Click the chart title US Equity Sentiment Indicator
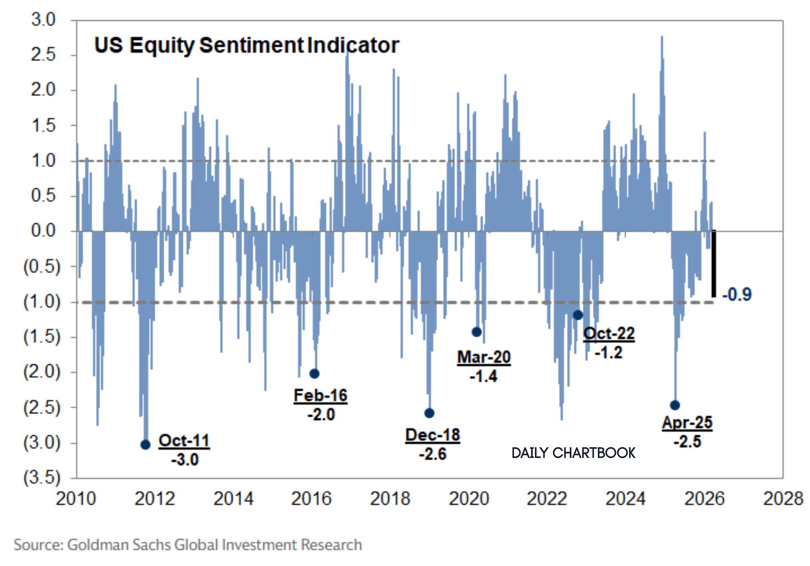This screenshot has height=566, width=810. click(247, 46)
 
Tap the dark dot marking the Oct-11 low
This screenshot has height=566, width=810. click(145, 445)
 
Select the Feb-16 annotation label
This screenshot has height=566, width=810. click(320, 395)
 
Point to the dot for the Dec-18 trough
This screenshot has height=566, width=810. click(429, 413)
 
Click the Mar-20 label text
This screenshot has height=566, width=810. click(484, 357)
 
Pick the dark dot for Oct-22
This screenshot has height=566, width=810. click(578, 315)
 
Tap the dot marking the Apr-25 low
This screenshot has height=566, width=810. click(675, 405)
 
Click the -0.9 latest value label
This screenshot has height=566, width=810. click(737, 294)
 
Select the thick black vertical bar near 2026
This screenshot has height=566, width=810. click(713, 263)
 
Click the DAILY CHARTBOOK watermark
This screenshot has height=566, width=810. click(573, 453)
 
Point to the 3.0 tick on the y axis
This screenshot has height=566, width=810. click(43, 20)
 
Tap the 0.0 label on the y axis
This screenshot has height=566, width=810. click(43, 231)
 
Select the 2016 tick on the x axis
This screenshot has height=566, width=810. click(311, 498)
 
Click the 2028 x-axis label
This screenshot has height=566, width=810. click(783, 498)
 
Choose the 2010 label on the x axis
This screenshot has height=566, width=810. click(75, 498)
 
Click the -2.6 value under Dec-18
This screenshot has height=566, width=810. click(432, 454)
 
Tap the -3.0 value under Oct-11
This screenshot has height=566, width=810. click(185, 459)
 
